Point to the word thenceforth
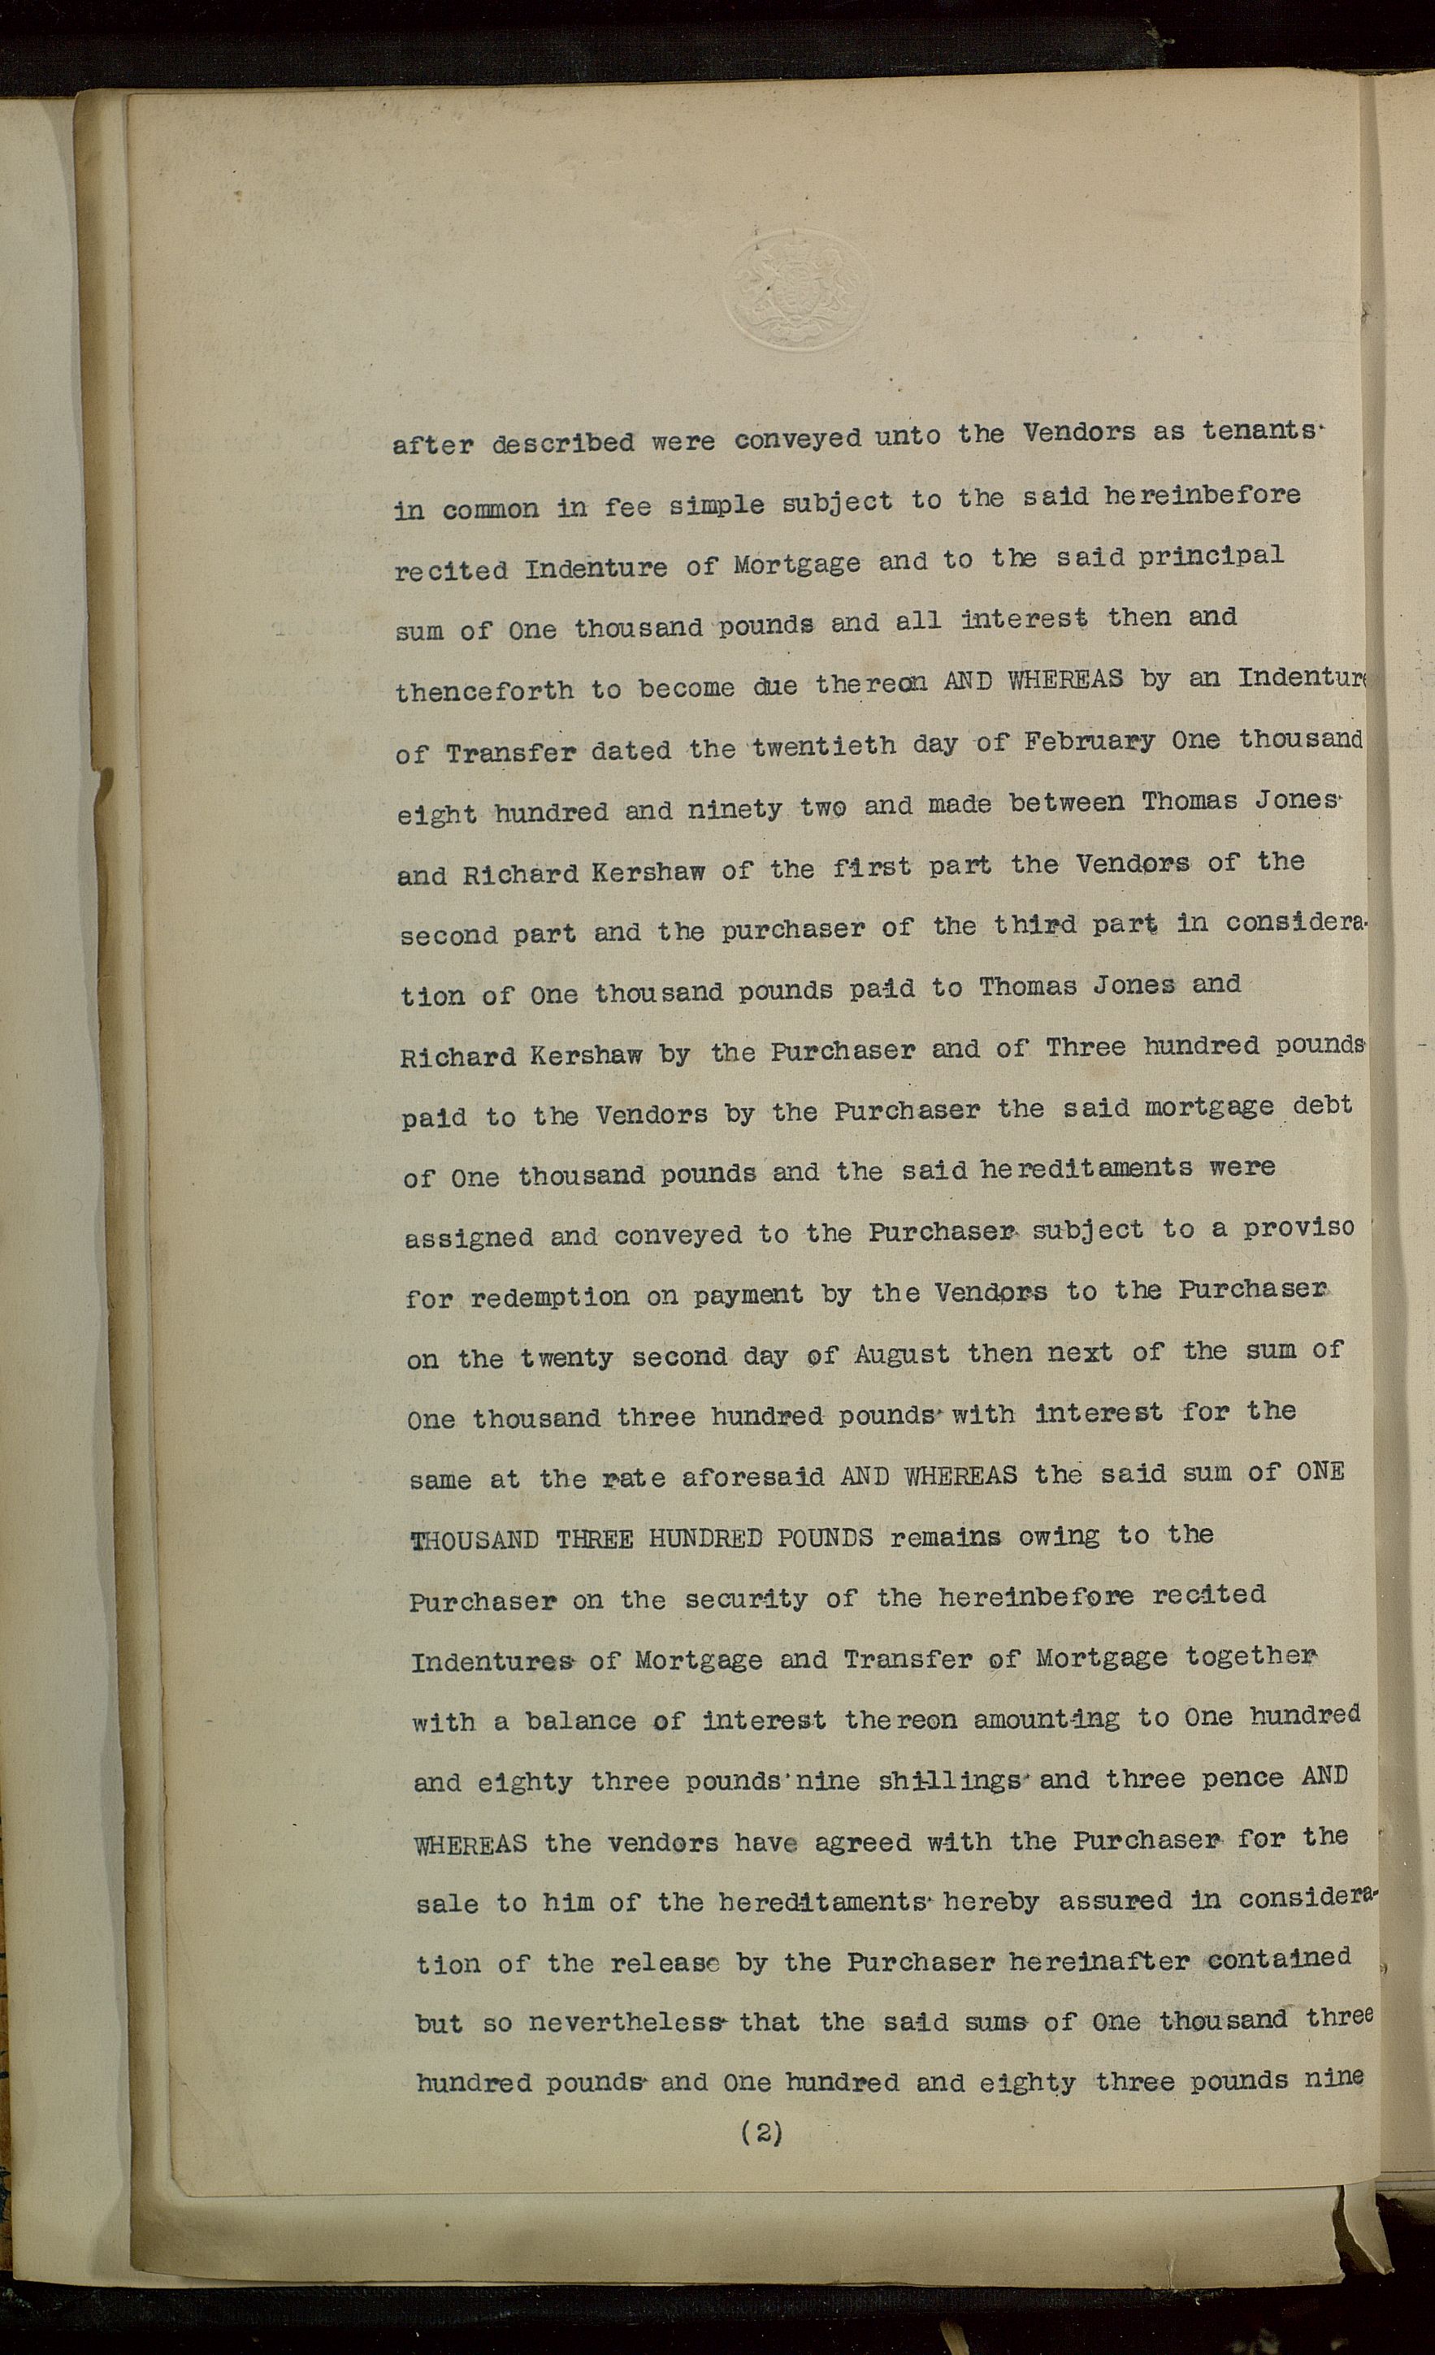click(x=485, y=690)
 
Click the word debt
click(x=1321, y=1106)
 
